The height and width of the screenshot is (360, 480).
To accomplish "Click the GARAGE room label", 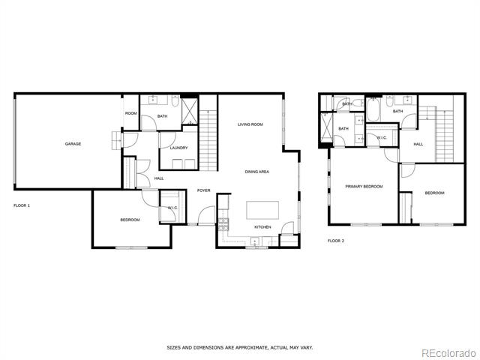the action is pos(73,144).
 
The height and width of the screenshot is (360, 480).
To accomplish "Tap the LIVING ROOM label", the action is pos(250,124).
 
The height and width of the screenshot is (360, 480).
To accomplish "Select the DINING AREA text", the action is pos(256,172).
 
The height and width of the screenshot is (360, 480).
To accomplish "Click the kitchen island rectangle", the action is pos(262,210).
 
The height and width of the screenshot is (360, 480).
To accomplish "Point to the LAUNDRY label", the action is pos(178,148).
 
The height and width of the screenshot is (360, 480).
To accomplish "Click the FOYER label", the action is pos(203,190).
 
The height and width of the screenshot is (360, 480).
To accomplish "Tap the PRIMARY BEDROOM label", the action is pos(364,187).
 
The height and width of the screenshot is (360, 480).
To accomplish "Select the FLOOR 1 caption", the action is pos(22,205).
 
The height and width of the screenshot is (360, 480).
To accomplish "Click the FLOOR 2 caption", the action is pos(336,241).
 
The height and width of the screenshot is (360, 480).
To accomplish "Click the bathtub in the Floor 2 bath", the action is pos(372,109).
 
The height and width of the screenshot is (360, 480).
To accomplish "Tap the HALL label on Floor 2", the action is pos(418,144).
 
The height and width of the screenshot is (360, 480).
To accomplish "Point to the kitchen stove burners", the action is pos(223,224).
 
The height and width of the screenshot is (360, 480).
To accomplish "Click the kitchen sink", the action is pos(255,241).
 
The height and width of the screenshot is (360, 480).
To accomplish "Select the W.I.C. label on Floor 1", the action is pos(172,208).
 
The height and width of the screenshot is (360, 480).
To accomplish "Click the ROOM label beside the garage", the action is pos(130,113).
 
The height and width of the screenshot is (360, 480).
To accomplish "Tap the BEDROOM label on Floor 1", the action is pos(130,220).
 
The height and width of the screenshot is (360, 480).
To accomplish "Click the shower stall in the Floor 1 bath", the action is pos(190,111).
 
